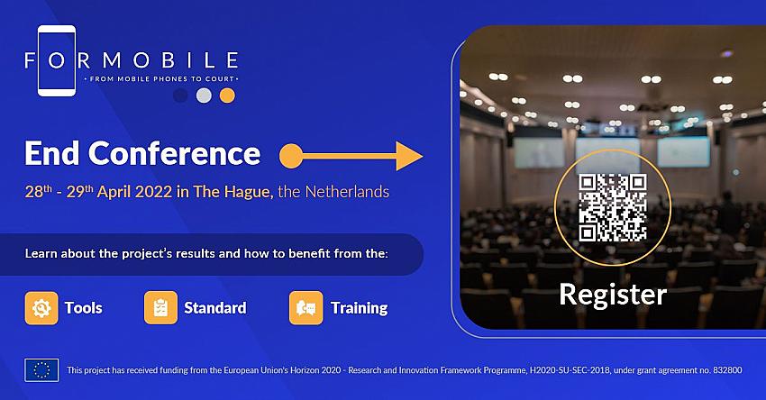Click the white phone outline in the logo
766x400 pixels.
click(39, 61)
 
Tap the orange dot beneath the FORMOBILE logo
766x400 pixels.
click(227, 95)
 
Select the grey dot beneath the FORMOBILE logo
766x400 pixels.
click(205, 95)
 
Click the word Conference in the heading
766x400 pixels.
click(175, 153)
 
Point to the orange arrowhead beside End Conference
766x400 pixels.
click(409, 156)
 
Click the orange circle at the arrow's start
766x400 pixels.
click(291, 156)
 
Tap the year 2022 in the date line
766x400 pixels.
click(153, 192)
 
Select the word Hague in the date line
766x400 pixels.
click(248, 192)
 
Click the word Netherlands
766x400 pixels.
click(347, 192)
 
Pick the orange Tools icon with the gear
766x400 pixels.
click(41, 308)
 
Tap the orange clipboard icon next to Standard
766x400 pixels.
click(160, 308)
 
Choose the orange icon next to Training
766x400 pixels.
click(305, 308)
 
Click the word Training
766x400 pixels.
click(359, 308)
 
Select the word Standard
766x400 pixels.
click(215, 308)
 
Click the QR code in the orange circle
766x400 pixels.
click(613, 207)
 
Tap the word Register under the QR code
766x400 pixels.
click(613, 295)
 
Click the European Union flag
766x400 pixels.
click(41, 370)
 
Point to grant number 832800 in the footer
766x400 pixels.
click(727, 370)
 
